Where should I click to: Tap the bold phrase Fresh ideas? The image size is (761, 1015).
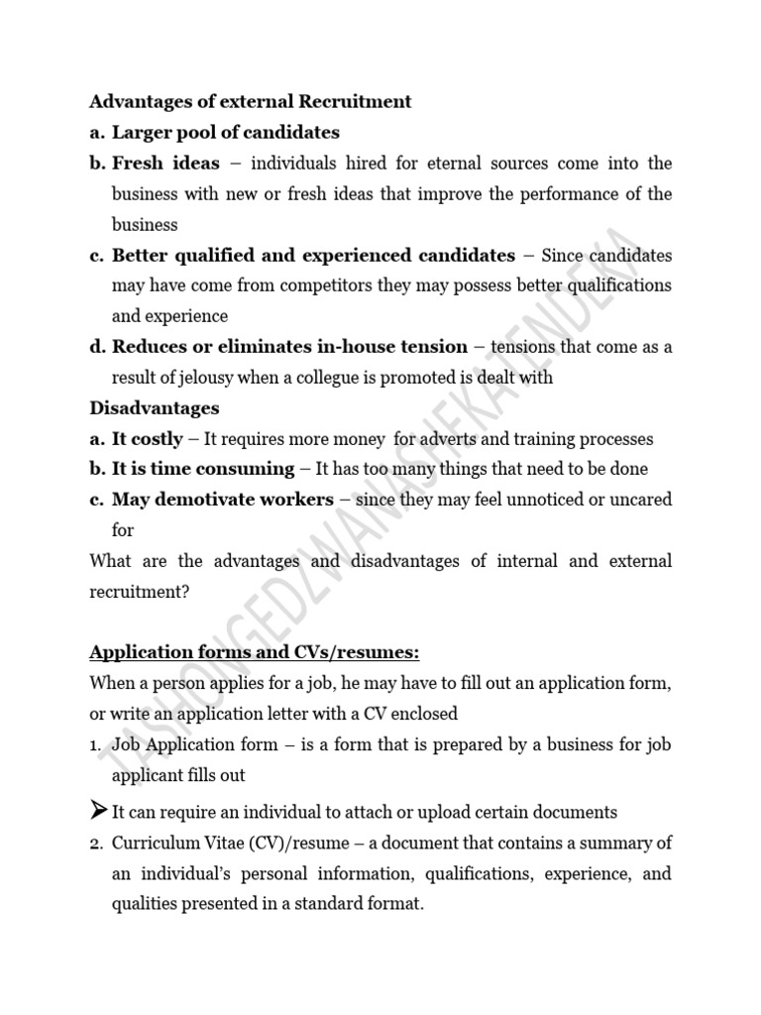point(165,163)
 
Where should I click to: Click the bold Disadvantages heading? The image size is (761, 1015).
point(155,408)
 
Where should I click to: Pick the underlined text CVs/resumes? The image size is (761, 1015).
point(352,652)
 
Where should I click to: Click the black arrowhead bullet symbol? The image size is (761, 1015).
point(98,812)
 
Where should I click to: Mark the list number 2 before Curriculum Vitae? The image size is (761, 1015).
point(95,844)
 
